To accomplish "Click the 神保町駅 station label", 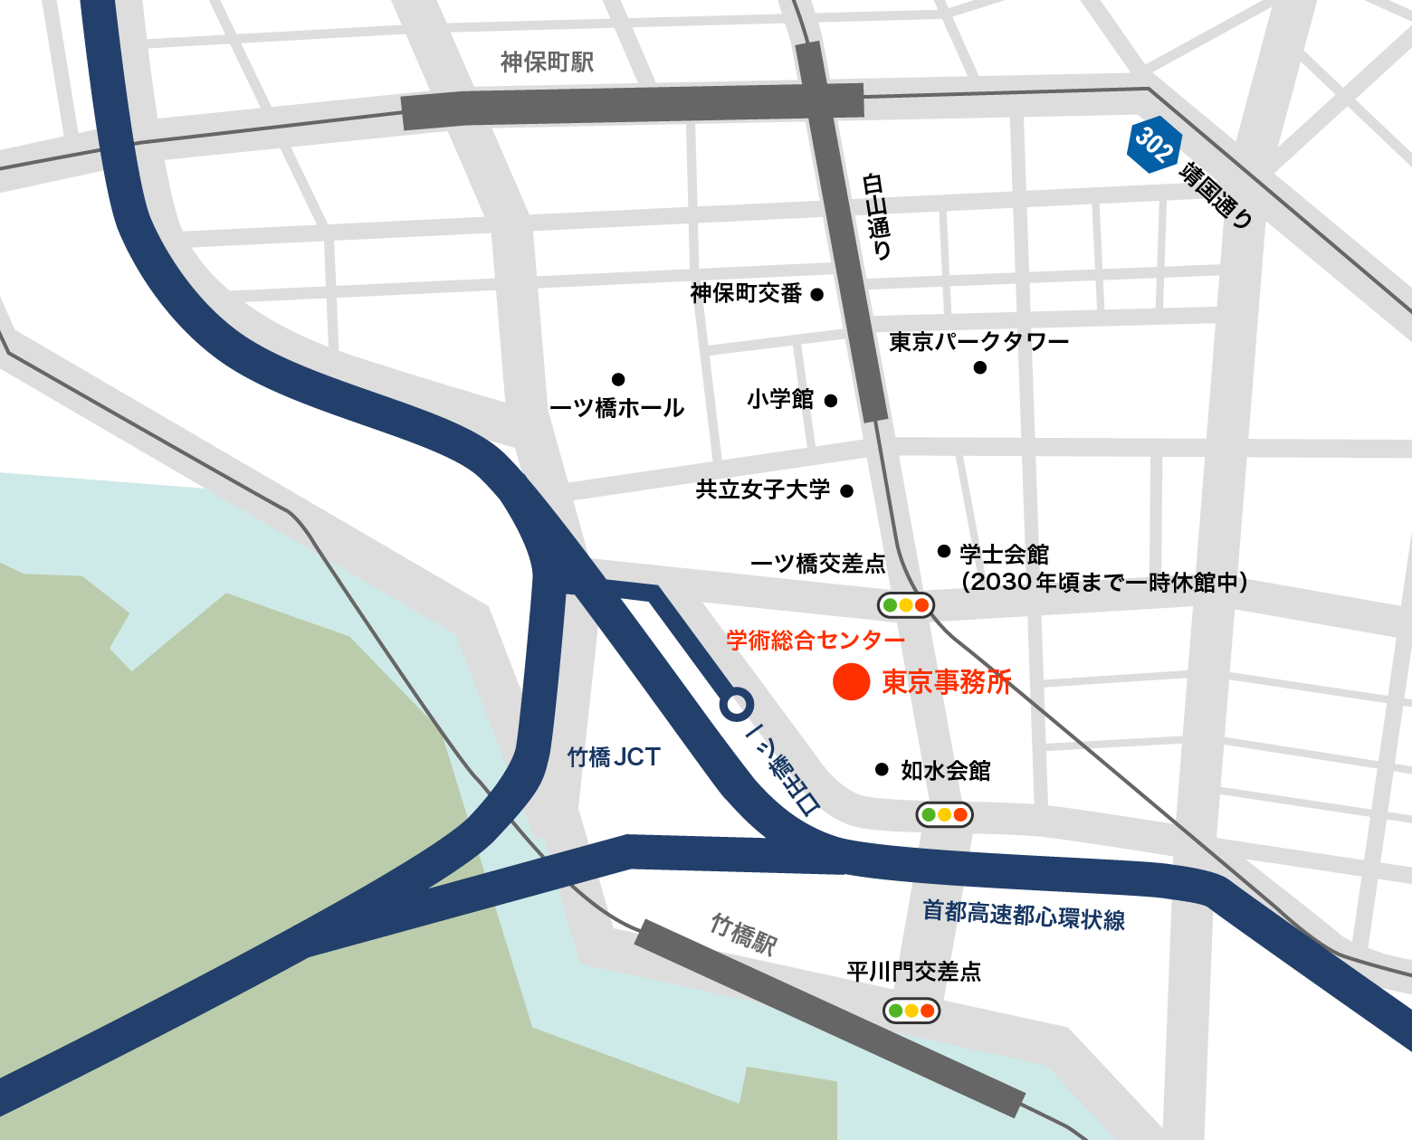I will click(x=547, y=62).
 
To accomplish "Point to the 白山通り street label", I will click(x=877, y=216).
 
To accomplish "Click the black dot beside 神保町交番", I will click(x=816, y=294).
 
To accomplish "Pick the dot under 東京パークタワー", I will click(x=979, y=367).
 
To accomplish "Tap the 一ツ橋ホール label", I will click(x=616, y=408).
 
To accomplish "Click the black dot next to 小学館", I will click(x=831, y=401).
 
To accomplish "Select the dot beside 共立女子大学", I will click(x=846, y=491).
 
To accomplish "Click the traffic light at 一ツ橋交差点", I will click(x=905, y=605).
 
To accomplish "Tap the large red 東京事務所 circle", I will click(x=851, y=681).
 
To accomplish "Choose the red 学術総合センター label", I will click(x=816, y=641).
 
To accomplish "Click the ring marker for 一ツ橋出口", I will click(x=737, y=704).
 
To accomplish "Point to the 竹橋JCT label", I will click(x=614, y=757).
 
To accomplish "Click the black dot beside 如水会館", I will click(x=882, y=770).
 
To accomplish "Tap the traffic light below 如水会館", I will click(x=944, y=814).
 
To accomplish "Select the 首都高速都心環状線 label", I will click(x=1024, y=916).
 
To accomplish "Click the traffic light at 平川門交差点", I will click(x=911, y=1011).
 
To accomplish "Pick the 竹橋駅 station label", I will click(x=744, y=935).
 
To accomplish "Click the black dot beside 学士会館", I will click(x=944, y=551).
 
